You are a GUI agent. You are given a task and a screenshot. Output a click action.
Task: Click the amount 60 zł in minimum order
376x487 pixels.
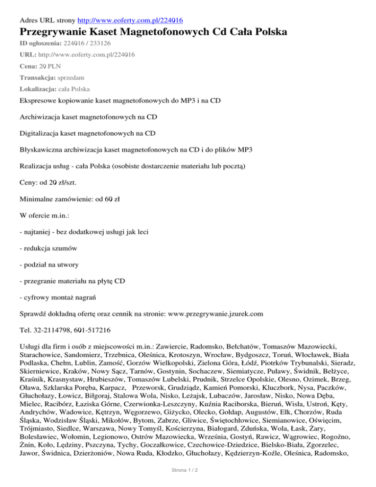pyautogui.click(x=104, y=199)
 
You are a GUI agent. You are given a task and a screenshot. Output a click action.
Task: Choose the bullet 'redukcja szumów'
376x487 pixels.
pyautogui.click(x=49, y=248)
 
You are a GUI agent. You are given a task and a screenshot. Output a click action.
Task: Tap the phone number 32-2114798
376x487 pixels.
pyautogui.click(x=53, y=330)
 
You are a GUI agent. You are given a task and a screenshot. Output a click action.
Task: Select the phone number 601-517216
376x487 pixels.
pyautogui.click(x=93, y=330)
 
